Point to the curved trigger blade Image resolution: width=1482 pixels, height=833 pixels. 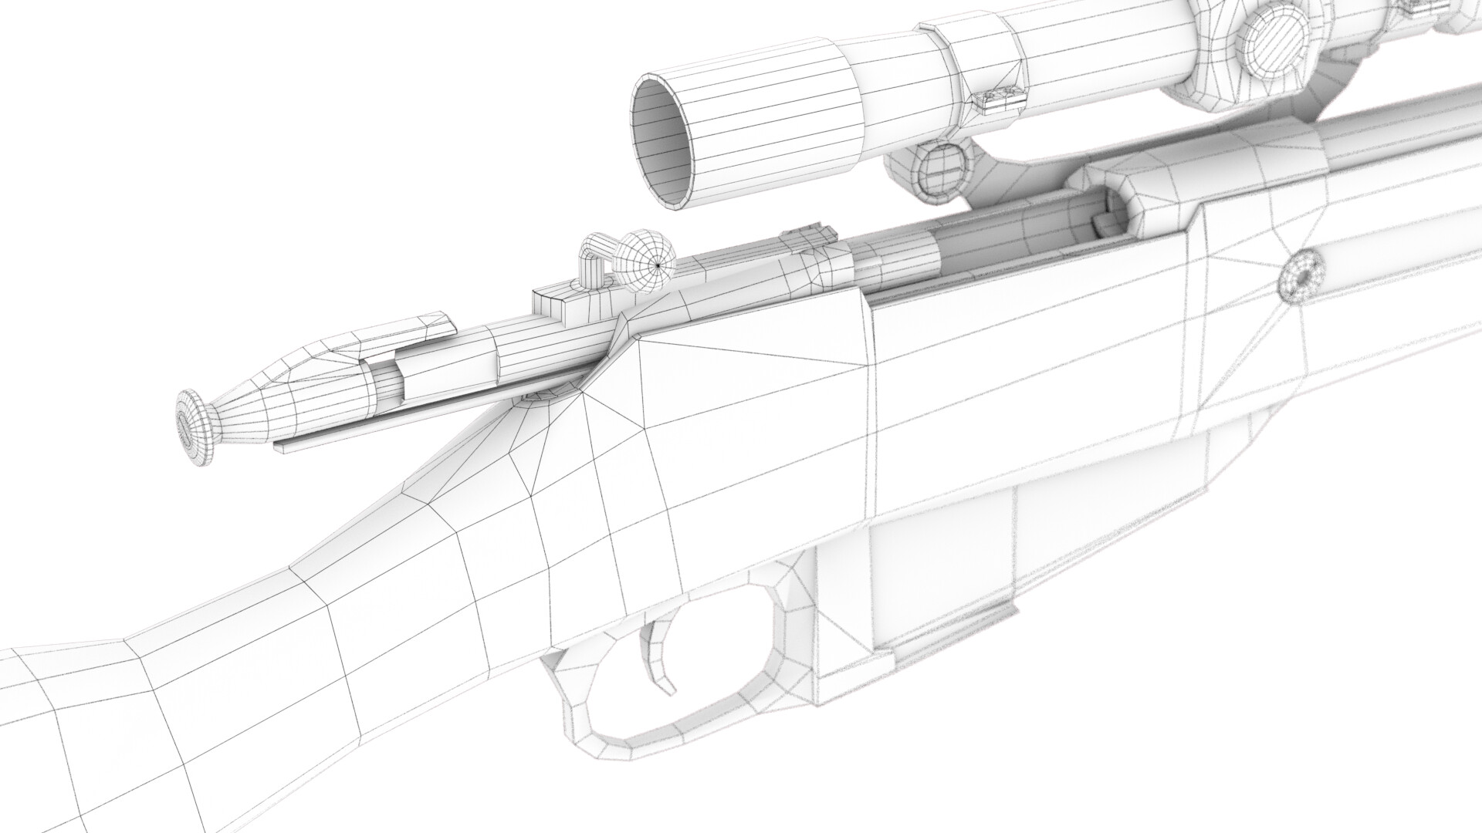click(660, 639)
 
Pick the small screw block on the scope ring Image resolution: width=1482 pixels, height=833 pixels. click(1000, 98)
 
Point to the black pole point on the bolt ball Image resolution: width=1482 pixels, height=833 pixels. click(657, 265)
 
